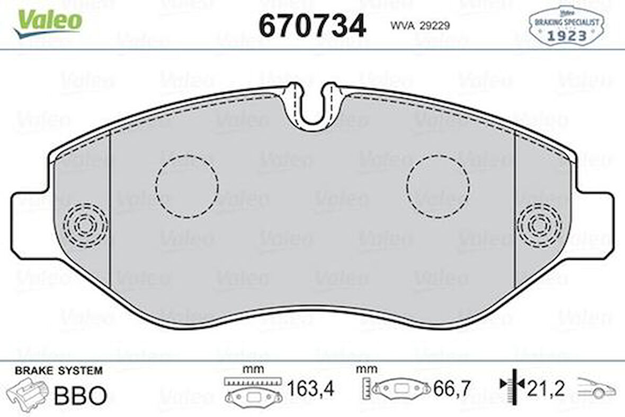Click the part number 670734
(x=312, y=25)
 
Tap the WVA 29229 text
(x=420, y=25)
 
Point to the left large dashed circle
(x=186, y=186)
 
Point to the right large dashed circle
(x=438, y=186)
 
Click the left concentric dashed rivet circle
(x=85, y=225)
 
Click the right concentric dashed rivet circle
(x=539, y=225)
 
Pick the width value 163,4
(x=310, y=390)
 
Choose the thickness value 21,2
(x=546, y=390)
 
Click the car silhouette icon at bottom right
(x=596, y=389)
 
